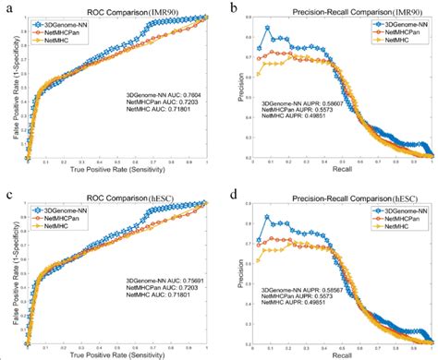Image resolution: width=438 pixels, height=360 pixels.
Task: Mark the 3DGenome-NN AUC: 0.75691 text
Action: pos(164,278)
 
